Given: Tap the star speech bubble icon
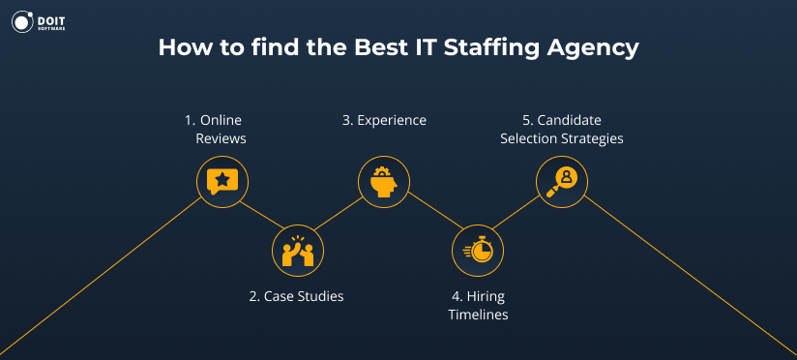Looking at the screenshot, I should pyautogui.click(x=222, y=180).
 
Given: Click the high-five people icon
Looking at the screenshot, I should pyautogui.click(x=298, y=251).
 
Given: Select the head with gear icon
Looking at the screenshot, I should pyautogui.click(x=383, y=180).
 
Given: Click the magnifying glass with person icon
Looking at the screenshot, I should pyautogui.click(x=562, y=180).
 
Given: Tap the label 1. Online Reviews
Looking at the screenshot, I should pyautogui.click(x=216, y=130).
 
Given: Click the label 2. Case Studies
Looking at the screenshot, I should pyautogui.click(x=296, y=296).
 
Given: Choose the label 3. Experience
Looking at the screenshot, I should pyautogui.click(x=384, y=121).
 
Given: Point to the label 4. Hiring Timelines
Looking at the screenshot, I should pyautogui.click(x=478, y=306).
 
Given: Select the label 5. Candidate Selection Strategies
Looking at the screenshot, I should pyautogui.click(x=561, y=130).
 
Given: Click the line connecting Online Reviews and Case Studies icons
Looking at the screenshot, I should pyautogui.click(x=259, y=215).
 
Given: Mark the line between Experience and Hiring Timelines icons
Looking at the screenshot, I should pyautogui.click(x=429, y=215).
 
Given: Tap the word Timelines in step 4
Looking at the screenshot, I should pyautogui.click(x=478, y=315).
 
